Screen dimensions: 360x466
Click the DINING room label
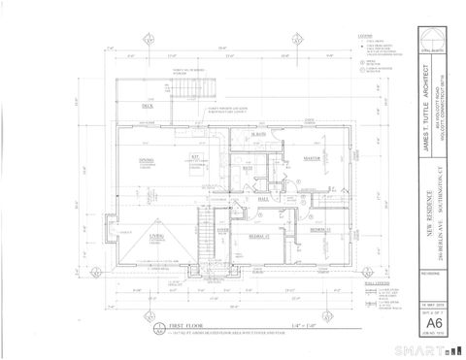(x=147, y=160)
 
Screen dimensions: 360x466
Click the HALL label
(x=263, y=200)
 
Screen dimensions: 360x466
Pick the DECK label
(x=148, y=105)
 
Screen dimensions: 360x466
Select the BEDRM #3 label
(x=319, y=229)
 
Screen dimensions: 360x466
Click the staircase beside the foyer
(x=205, y=233)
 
